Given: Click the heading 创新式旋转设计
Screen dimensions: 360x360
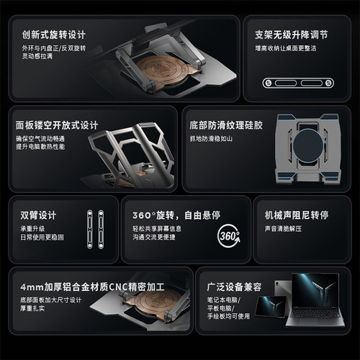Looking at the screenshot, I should (x=54, y=35).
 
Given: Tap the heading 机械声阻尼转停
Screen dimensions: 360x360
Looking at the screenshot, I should (x=297, y=215).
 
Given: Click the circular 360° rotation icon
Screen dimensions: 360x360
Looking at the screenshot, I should (x=228, y=235).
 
